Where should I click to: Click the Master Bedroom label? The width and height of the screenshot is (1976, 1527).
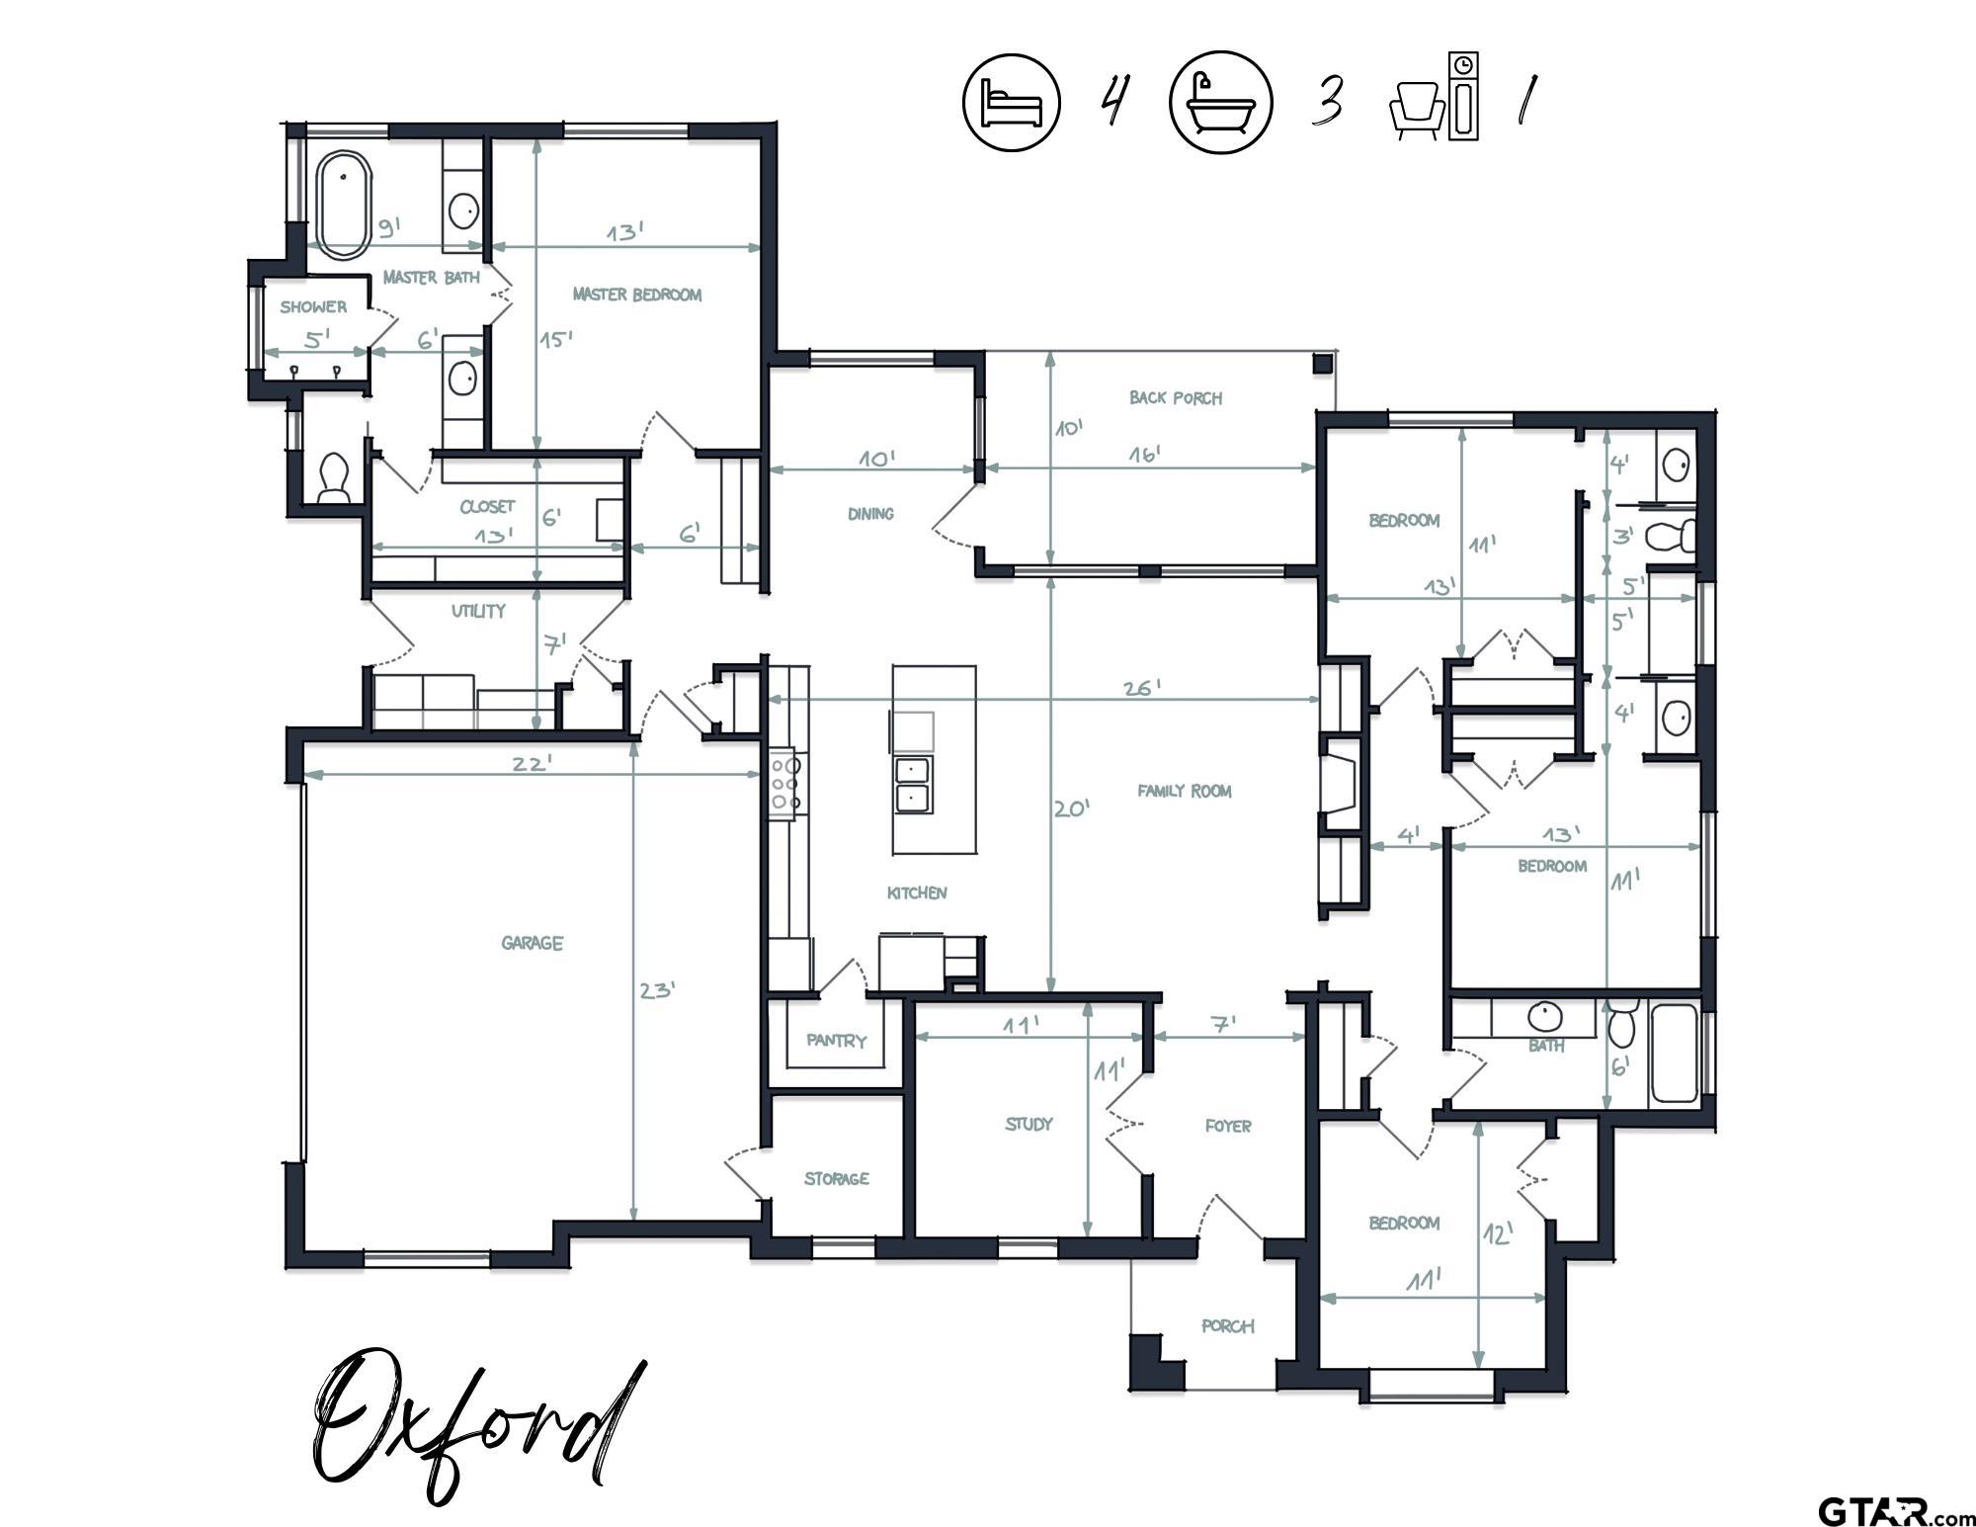(637, 295)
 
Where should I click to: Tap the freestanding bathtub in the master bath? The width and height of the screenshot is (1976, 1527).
(343, 206)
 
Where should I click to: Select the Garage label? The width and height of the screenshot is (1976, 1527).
(532, 943)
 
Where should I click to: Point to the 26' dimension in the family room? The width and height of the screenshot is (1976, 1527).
(1142, 688)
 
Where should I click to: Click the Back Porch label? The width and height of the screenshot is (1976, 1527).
(1176, 398)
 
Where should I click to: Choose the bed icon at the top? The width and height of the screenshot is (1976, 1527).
(1012, 103)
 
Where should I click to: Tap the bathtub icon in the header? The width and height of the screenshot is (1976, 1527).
(1221, 103)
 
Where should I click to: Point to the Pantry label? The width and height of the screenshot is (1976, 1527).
(836, 1041)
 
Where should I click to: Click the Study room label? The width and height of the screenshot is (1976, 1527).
(1029, 1124)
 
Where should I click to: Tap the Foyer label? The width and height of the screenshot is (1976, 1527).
(1228, 1126)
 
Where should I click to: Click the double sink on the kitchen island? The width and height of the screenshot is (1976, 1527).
(913, 785)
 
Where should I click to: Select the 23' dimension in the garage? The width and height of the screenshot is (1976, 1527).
(657, 989)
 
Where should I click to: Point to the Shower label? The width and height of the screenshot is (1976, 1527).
(313, 307)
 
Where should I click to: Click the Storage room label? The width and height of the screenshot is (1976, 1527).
(837, 1178)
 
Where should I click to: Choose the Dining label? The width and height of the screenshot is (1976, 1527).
(870, 514)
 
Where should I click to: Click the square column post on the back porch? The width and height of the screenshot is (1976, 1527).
(1322, 364)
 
